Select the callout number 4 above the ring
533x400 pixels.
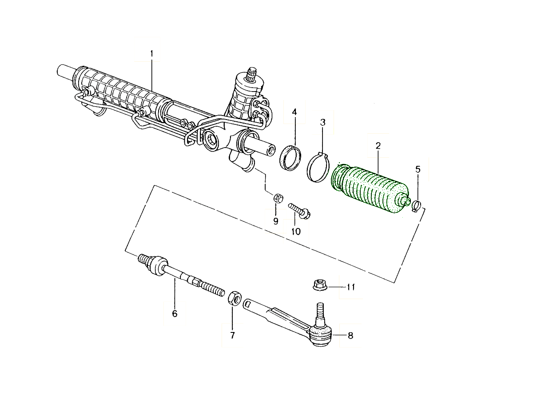click(x=294, y=112)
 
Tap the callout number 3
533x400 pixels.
click(x=323, y=122)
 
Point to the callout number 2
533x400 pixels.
click(x=378, y=146)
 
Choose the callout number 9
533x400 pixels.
click(x=275, y=221)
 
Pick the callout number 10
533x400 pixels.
click(x=295, y=231)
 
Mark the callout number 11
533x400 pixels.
click(x=351, y=287)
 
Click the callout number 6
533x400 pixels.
click(x=175, y=314)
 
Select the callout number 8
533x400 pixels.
click(x=350, y=336)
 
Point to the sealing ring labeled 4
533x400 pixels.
click(x=290, y=157)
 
